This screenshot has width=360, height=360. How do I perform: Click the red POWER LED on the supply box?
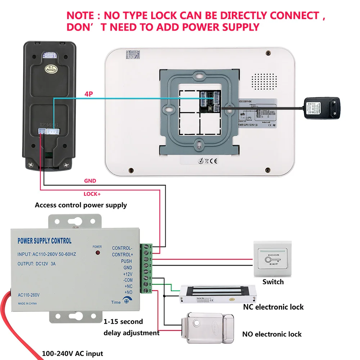coord(97,253)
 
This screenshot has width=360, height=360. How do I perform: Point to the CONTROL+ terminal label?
coord(122,255)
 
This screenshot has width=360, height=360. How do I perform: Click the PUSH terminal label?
coord(126,261)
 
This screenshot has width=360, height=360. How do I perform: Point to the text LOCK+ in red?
coord(92,194)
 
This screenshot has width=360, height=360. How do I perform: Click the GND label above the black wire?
coord(90,181)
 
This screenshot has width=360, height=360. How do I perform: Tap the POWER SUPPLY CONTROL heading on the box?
coord(44,241)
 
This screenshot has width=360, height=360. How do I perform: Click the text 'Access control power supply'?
coord(81,205)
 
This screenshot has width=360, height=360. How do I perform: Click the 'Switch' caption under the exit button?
coord(273,282)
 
